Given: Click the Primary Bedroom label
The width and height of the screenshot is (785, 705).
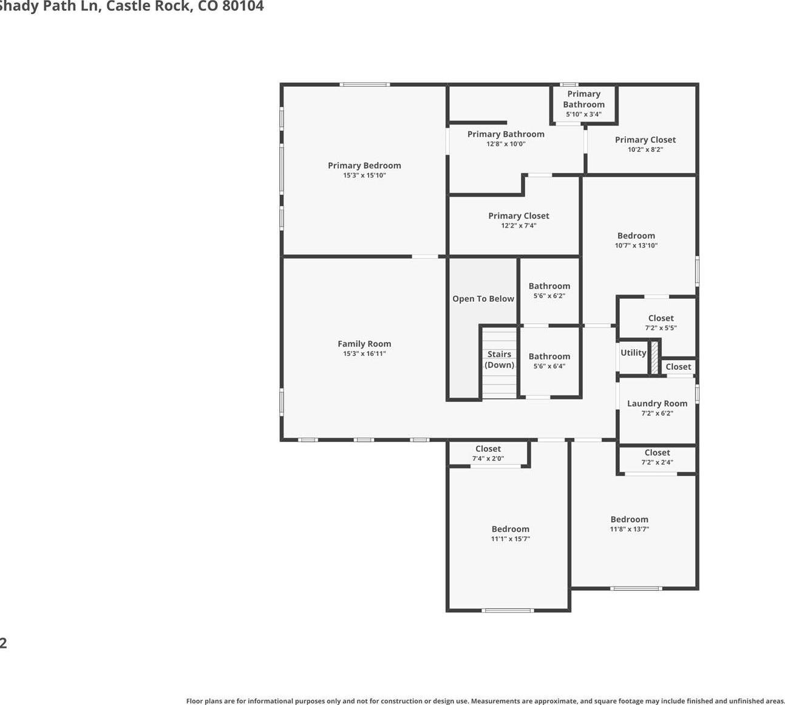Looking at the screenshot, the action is point(364,166).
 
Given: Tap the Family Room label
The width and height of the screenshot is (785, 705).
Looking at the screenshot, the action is point(364,344).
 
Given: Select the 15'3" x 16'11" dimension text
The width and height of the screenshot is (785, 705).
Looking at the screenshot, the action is point(364,353).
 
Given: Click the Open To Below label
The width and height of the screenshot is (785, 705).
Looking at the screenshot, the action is point(483,299).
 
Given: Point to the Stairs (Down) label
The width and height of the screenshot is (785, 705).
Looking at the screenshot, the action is point(500,359).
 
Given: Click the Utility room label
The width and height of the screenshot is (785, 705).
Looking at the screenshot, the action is point(633,353).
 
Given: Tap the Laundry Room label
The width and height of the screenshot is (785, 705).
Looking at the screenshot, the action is point(657,403).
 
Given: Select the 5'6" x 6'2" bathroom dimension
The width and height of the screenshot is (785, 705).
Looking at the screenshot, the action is point(549,296).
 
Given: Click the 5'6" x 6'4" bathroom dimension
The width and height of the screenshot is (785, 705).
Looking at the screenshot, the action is point(549,366).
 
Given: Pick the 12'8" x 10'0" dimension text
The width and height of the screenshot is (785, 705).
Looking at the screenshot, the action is point(506,144).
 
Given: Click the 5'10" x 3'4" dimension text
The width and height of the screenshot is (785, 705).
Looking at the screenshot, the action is point(584,114).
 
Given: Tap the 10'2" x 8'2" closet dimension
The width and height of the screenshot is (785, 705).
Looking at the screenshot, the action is point(645,149).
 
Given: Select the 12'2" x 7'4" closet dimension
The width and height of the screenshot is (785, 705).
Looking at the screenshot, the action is point(519,225).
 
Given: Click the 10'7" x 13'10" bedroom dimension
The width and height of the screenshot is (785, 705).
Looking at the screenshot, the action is point(636,245).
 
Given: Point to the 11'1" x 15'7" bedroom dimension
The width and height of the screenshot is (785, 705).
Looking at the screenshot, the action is point(511,539).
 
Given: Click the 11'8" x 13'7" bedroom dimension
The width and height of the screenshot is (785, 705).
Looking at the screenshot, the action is point(629,529).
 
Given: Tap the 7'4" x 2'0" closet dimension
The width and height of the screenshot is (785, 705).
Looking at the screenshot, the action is point(488,458).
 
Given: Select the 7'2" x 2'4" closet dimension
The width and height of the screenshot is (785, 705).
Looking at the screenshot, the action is point(657,462).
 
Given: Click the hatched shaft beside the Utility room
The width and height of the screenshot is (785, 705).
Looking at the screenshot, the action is point(654,358).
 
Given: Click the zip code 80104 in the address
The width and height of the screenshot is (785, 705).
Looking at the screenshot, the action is point(243,6).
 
